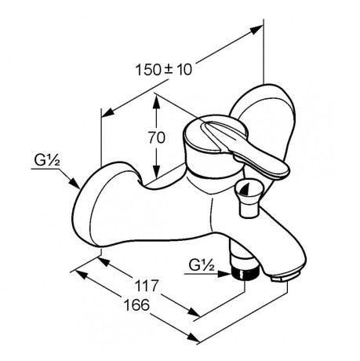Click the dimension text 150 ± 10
pos(164,70)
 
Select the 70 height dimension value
pos(157,137)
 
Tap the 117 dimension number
pos(147,286)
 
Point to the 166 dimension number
pos(136,304)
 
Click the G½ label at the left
pos(47,160)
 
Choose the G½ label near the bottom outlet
pos(202,265)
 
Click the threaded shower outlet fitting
pos(245,274)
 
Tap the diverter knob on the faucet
pos(247,197)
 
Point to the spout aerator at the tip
pos(285,277)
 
